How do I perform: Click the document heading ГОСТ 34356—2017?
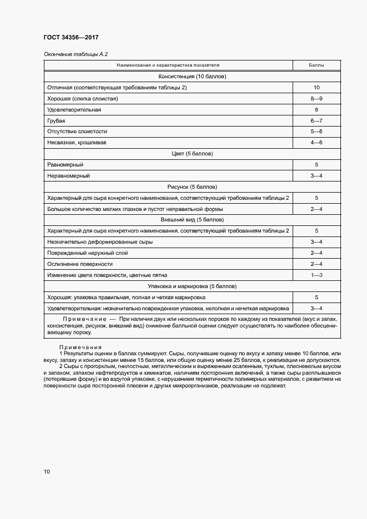pyautogui.click(x=71, y=38)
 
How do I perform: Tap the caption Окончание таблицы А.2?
pyautogui.click(x=75, y=54)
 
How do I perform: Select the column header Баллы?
pyautogui.click(x=316, y=65)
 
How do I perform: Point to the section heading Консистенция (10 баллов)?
pyautogui.click(x=192, y=77)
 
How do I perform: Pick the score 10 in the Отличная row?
pyautogui.click(x=316, y=88)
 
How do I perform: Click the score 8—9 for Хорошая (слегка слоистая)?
pyautogui.click(x=316, y=98)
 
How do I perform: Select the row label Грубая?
pyautogui.click(x=56, y=120)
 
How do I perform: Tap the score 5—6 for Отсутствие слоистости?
pyautogui.click(x=316, y=132)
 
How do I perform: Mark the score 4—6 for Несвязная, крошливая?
pyautogui.click(x=316, y=143)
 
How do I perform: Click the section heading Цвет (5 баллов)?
pyautogui.click(x=192, y=154)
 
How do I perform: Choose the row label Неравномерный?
pyautogui.click(x=69, y=175)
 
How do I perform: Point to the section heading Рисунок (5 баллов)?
pyautogui.click(x=192, y=187)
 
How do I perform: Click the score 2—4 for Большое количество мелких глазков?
pyautogui.click(x=316, y=209)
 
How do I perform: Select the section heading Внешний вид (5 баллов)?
pyautogui.click(x=192, y=220)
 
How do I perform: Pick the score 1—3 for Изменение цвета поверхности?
pyautogui.click(x=316, y=275)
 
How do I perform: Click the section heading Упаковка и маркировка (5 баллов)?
pyautogui.click(x=192, y=286)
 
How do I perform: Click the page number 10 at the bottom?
pyautogui.click(x=47, y=471)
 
